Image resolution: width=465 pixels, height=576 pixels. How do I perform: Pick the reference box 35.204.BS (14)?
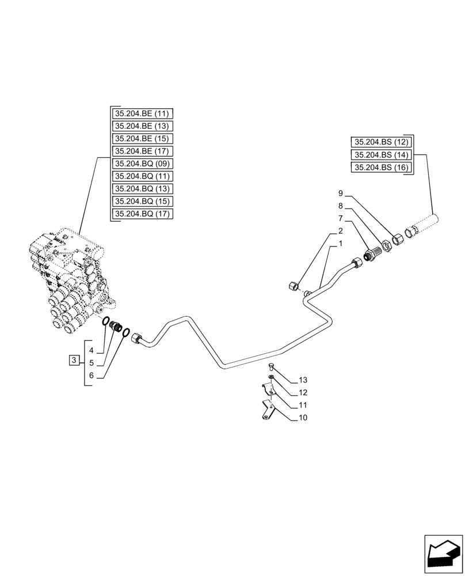coord(381,154)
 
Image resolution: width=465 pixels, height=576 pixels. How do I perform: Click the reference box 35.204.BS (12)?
coord(381,142)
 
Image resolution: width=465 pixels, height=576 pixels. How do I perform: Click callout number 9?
coord(341,193)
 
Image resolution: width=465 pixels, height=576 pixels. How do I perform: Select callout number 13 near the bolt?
coord(303,380)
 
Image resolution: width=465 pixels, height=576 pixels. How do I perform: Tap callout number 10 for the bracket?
coord(303,418)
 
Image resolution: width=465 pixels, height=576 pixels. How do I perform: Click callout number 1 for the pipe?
coord(341,244)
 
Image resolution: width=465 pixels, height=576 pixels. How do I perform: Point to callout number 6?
coord(92,375)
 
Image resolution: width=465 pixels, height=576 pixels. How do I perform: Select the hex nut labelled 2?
coord(293,284)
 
